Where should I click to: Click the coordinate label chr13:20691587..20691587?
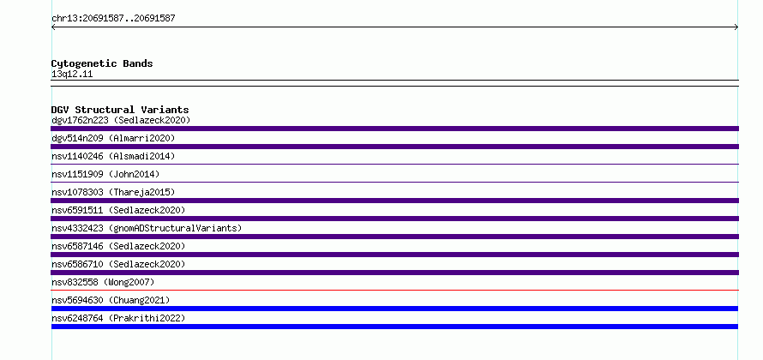click(x=113, y=19)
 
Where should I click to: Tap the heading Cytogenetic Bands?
click(x=102, y=63)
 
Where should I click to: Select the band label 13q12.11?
click(x=72, y=75)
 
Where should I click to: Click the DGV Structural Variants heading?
click(x=120, y=110)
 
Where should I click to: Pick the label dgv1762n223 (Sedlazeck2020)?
click(x=121, y=120)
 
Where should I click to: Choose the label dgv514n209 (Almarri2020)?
click(x=113, y=138)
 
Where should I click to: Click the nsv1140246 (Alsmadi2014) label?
click(x=113, y=156)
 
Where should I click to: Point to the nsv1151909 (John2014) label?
click(x=105, y=174)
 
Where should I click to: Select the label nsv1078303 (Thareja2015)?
click(x=113, y=192)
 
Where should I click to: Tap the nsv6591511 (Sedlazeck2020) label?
click(x=118, y=210)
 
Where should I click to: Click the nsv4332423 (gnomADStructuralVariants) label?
click(x=147, y=228)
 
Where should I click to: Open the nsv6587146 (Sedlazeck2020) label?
click(x=118, y=246)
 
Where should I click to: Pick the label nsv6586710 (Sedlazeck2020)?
click(x=118, y=264)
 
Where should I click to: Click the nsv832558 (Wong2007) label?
click(x=103, y=282)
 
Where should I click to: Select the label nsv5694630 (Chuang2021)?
click(x=111, y=300)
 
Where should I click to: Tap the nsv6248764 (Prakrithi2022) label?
click(x=118, y=318)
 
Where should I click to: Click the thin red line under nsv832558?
click(x=394, y=291)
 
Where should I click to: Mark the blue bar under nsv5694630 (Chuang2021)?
click(x=394, y=309)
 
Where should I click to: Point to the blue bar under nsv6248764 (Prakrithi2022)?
click(x=394, y=327)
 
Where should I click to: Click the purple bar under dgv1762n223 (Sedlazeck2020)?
click(x=394, y=129)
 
